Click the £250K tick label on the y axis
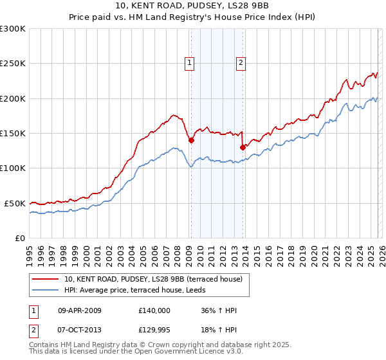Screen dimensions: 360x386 tap(13, 64)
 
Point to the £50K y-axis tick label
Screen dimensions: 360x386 tap(15, 203)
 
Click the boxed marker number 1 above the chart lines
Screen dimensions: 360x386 tap(190, 63)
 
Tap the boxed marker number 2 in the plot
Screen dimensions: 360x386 tap(241, 63)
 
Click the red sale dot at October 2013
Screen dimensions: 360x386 tap(243, 147)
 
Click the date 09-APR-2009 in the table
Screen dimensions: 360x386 tap(80, 310)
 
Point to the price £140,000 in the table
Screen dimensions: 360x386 tap(154, 310)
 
